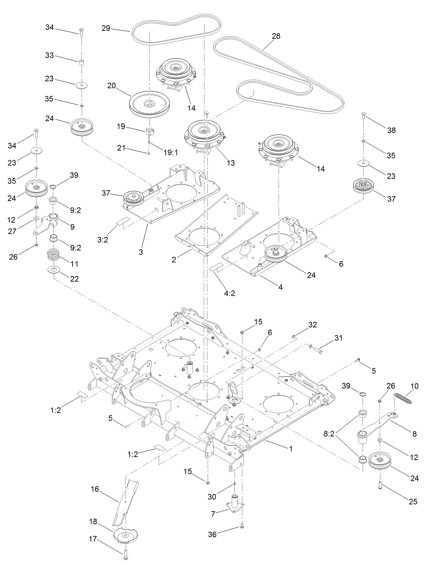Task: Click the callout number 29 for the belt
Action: point(106,28)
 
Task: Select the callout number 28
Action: point(276,36)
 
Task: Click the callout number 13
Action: point(230,163)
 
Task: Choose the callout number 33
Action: point(49,55)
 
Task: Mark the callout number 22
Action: point(74,278)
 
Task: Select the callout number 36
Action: point(212,534)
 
